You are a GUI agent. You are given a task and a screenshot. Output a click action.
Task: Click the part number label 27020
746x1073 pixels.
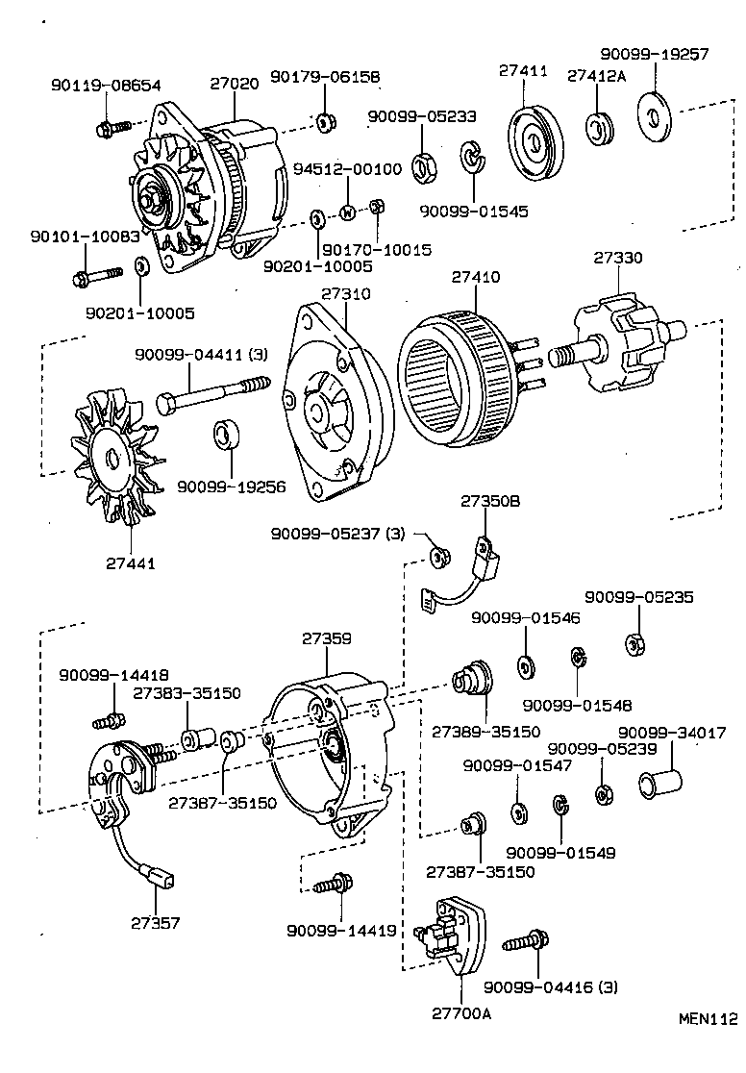point(235,84)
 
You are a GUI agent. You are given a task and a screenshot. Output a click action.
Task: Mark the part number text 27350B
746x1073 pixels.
point(489,501)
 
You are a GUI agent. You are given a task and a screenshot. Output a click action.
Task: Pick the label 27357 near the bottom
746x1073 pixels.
point(156,922)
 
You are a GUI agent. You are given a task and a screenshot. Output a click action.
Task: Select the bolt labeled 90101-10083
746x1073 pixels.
point(96,278)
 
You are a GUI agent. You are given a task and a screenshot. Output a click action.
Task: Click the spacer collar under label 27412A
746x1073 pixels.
point(600,129)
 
